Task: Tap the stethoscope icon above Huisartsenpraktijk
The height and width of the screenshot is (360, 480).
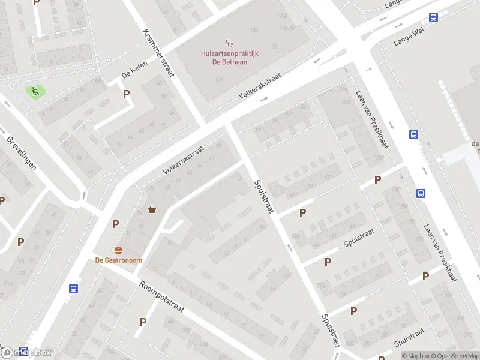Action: pyautogui.click(x=229, y=43)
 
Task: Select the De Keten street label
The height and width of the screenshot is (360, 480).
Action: pyautogui.click(x=134, y=74)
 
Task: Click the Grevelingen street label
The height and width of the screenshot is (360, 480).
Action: pyautogui.click(x=22, y=152)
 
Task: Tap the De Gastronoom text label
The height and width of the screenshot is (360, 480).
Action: pyautogui.click(x=118, y=260)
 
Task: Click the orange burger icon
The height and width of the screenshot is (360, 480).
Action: pyautogui.click(x=118, y=250)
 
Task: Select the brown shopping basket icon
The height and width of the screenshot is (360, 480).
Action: pyautogui.click(x=153, y=209)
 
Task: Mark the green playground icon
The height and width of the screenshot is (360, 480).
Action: pyautogui.click(x=35, y=92)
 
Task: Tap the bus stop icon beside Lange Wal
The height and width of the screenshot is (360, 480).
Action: pyautogui.click(x=433, y=18)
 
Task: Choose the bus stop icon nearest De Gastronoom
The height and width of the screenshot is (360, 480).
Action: pyautogui.click(x=73, y=289)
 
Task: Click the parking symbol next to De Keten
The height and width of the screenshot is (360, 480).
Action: pyautogui.click(x=127, y=94)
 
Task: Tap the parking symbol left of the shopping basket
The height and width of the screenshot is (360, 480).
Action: pyautogui.click(x=115, y=224)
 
